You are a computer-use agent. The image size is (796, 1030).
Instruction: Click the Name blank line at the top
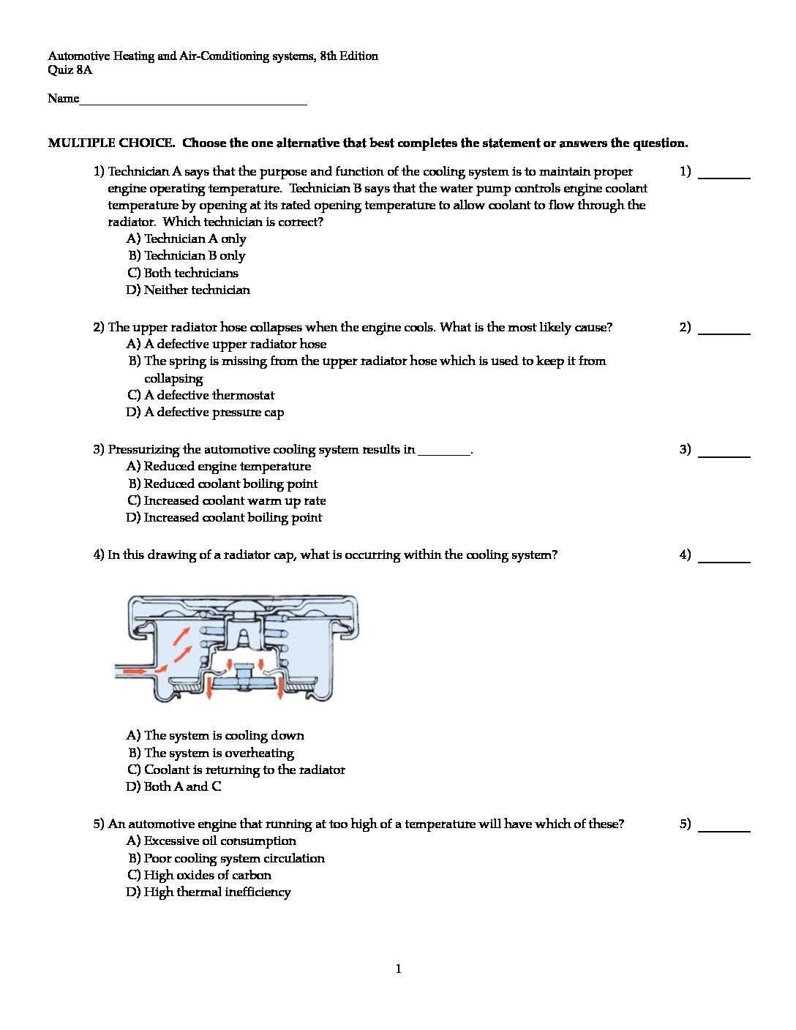192,102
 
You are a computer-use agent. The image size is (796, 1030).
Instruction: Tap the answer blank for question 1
724,176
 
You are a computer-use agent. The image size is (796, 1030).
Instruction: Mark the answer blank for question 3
724,454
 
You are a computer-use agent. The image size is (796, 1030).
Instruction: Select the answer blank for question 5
724,829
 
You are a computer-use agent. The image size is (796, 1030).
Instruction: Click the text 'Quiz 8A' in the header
70,70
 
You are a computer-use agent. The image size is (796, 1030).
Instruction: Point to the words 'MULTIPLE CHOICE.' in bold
111,143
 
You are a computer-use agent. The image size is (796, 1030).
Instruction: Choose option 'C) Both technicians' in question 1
183,273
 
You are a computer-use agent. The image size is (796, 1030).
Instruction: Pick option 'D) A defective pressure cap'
206,413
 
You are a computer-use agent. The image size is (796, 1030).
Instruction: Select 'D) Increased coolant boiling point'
225,518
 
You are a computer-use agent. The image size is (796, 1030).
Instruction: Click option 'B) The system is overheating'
211,753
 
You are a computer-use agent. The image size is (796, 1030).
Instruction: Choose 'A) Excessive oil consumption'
211,841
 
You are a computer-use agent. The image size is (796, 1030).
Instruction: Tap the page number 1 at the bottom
398,969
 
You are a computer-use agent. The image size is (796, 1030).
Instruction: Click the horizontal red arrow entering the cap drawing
134,670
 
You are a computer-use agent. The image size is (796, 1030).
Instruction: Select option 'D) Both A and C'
174,787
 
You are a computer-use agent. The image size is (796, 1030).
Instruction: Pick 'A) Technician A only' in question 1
187,239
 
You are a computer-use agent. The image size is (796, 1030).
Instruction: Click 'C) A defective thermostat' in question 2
201,396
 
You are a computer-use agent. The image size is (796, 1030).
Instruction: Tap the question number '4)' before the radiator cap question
99,555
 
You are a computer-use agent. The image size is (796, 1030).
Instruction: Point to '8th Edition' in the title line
349,56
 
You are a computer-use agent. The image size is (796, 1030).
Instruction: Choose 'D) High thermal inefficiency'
209,892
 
